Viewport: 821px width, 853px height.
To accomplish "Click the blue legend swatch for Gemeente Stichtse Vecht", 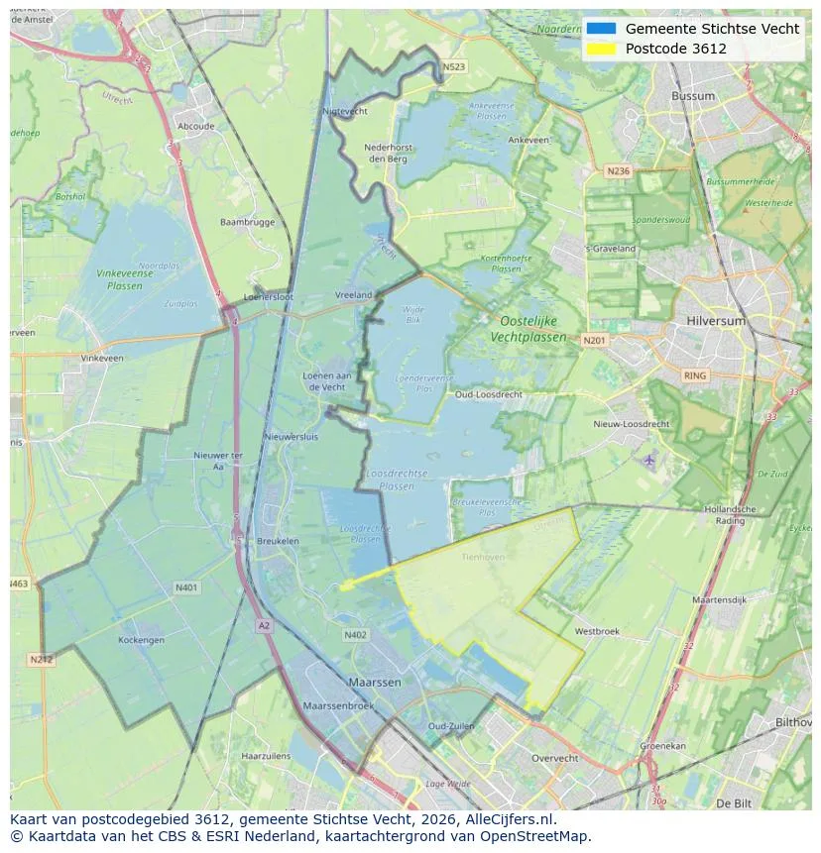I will pyautogui.click(x=601, y=29).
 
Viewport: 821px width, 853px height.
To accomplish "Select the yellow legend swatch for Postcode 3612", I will pyautogui.click(x=601, y=49).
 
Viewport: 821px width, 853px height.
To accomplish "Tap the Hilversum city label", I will pyautogui.click(x=715, y=322).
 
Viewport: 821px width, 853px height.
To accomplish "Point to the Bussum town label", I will pyautogui.click(x=693, y=96).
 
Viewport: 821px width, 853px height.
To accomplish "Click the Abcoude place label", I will pyautogui.click(x=195, y=127).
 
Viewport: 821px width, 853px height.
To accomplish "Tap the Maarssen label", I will pyautogui.click(x=374, y=683).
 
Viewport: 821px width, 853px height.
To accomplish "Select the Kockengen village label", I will pyautogui.click(x=141, y=640).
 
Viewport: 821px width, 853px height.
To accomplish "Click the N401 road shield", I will pyautogui.click(x=185, y=587).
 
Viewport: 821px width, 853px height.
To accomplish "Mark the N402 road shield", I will pyautogui.click(x=355, y=635).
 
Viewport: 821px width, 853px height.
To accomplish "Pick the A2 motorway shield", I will pyautogui.click(x=264, y=626).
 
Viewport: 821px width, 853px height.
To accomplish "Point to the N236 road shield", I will pyautogui.click(x=618, y=171).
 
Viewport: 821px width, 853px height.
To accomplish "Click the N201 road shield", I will pyautogui.click(x=594, y=341).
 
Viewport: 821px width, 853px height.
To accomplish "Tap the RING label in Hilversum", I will pyautogui.click(x=695, y=375).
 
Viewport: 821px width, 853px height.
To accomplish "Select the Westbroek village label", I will pyautogui.click(x=597, y=631).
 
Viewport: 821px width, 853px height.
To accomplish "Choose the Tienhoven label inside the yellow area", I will pyautogui.click(x=483, y=558).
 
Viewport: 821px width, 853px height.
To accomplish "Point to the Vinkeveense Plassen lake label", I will pyautogui.click(x=124, y=279).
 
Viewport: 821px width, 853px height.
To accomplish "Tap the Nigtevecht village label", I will pyautogui.click(x=345, y=112).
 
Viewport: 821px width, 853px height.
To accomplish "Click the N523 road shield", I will pyautogui.click(x=453, y=67).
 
